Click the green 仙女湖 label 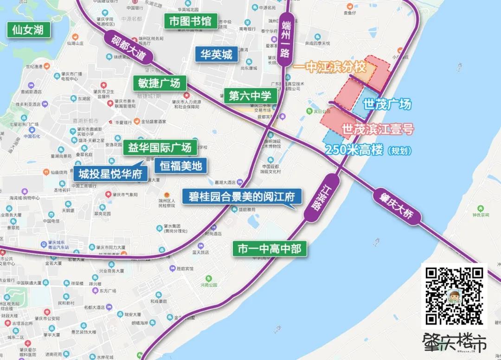coord(28,30)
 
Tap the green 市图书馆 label coord(190,21)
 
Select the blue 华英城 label coord(217,55)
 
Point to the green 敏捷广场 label coord(159,83)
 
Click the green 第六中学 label coord(250,96)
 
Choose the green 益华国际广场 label coord(160,148)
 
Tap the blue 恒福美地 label coord(181,166)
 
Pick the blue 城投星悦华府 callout coord(110,174)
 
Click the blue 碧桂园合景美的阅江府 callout coord(242,197)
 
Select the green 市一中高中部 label coord(270,249)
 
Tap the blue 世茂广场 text coord(387,104)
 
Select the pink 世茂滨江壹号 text coord(377,129)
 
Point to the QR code coord(454,296)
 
